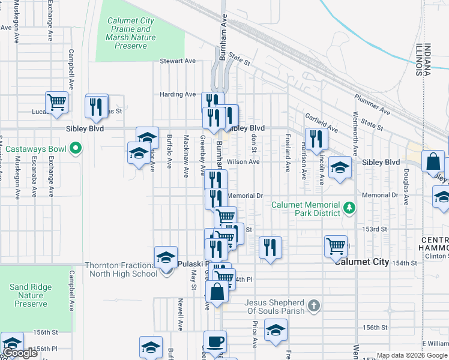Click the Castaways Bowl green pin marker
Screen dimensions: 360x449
[x=76, y=147]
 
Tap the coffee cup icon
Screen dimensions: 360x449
[x=215, y=343]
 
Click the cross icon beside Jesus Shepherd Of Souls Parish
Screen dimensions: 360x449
[x=313, y=307]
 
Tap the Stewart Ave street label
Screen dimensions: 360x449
[x=178, y=61]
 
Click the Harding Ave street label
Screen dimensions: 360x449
[x=178, y=94]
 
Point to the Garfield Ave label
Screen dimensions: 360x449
[x=319, y=116]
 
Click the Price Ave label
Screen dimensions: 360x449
[x=255, y=334]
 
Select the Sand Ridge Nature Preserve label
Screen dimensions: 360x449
[x=31, y=295]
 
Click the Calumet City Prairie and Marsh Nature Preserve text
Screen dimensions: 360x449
[x=131, y=33]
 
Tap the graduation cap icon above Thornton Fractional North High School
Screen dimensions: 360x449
[x=166, y=257]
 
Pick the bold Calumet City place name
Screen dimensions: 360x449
[x=363, y=262]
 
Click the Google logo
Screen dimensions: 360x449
[x=20, y=353]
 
